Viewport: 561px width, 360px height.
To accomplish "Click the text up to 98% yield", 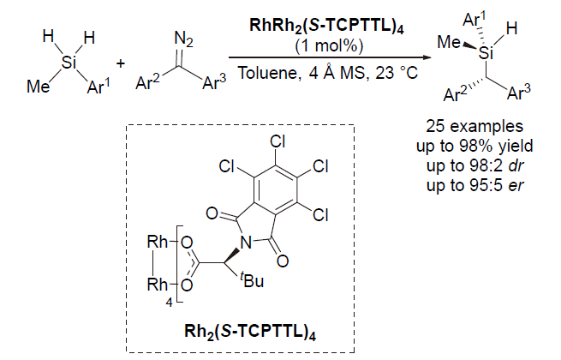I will click(x=485, y=140).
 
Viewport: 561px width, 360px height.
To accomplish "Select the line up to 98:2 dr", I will click(x=485, y=156).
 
